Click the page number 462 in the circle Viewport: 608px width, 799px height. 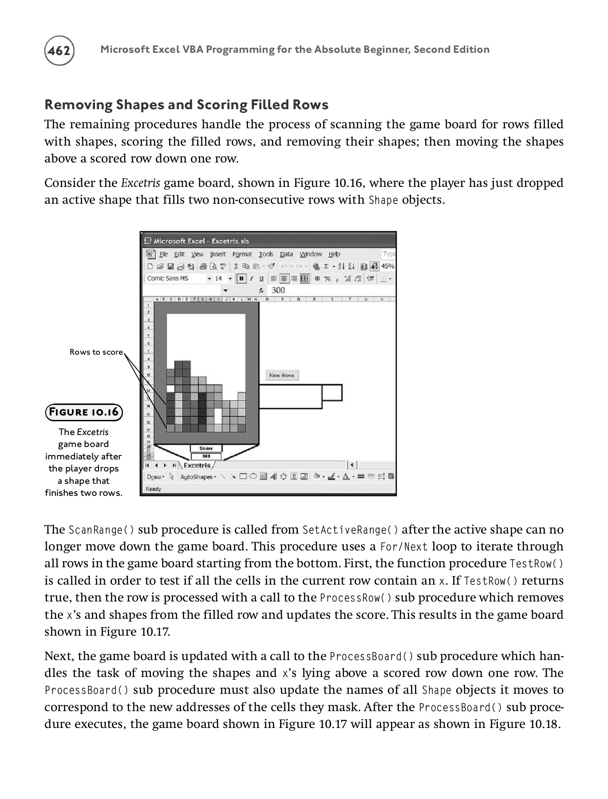59,51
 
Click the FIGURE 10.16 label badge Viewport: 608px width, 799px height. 84,412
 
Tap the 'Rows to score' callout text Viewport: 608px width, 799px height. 96,352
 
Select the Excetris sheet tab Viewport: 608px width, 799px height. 197,465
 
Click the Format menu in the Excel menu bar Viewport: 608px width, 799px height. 242,254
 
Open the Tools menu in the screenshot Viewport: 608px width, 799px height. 266,254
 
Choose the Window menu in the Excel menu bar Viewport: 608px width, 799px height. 311,254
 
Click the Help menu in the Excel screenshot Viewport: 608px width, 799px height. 334,254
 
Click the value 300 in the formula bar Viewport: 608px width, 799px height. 278,290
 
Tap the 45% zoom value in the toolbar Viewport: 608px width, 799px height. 387,266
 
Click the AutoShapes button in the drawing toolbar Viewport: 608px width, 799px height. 197,477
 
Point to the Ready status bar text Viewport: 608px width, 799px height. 154,489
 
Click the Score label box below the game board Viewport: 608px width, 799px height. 206,448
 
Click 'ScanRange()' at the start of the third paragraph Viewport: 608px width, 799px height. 101,530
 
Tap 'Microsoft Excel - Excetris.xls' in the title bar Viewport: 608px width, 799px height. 201,241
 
